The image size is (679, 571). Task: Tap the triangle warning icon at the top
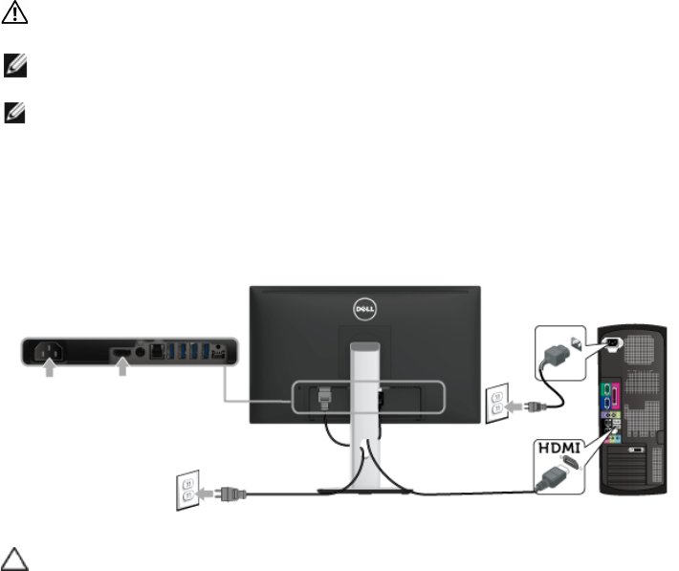pos(19,19)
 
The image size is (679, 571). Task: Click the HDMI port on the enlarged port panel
pos(122,355)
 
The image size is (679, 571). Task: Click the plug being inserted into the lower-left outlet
pos(232,494)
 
